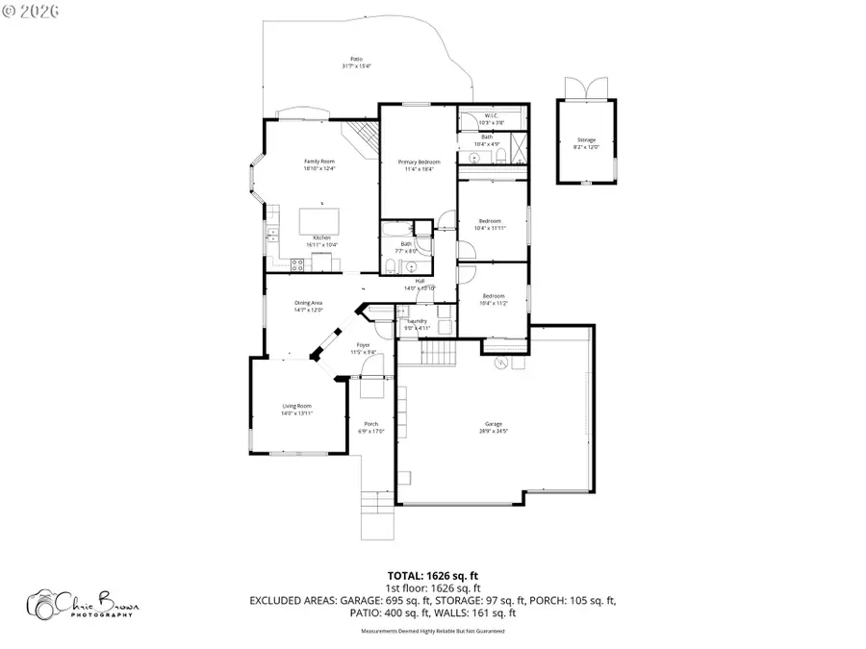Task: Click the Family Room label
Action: (x=319, y=162)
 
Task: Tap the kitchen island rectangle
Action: (x=319, y=220)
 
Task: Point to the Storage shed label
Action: (x=586, y=140)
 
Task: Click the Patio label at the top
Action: (x=356, y=58)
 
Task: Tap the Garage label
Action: (x=493, y=424)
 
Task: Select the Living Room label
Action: (x=296, y=406)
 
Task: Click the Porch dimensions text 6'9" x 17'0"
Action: (x=370, y=432)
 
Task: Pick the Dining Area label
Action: (x=308, y=303)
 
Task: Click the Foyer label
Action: (x=363, y=344)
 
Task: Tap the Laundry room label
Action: (x=417, y=321)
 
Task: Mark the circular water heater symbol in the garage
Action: (x=500, y=363)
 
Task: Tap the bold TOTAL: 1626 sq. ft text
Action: (x=433, y=575)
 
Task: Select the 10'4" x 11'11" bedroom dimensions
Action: (x=491, y=228)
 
